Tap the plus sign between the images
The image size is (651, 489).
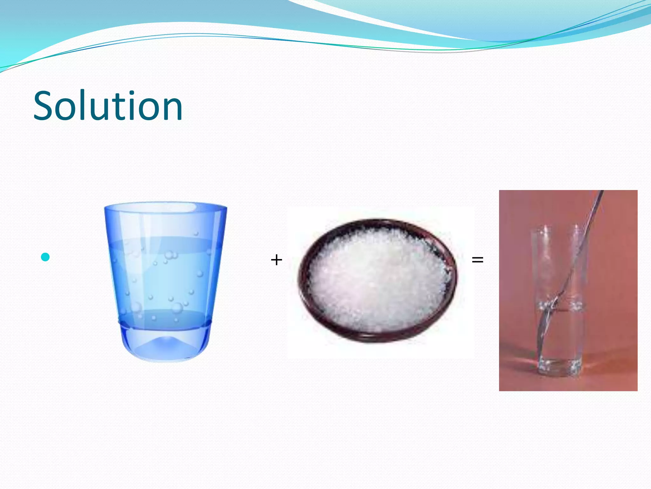pyautogui.click(x=276, y=260)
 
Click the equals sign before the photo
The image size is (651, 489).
pyautogui.click(x=477, y=260)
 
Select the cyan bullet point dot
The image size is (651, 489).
pyautogui.click(x=45, y=257)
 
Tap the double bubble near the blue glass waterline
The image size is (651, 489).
pyautogui.click(x=171, y=255)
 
